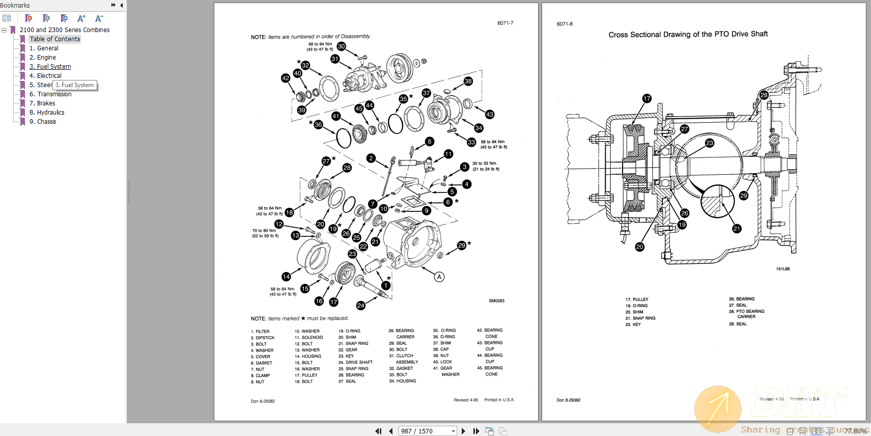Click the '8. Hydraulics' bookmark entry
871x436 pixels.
(x=47, y=113)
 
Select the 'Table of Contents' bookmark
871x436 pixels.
(x=54, y=39)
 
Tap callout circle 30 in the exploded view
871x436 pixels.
(x=341, y=46)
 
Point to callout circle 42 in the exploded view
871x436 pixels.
(x=286, y=78)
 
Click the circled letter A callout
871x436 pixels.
(x=439, y=277)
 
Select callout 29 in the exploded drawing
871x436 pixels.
(x=461, y=246)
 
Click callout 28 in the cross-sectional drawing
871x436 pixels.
(x=764, y=95)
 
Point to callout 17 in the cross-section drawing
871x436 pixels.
(x=647, y=98)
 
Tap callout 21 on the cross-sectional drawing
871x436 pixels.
(x=737, y=229)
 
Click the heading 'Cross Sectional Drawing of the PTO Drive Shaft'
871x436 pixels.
(x=688, y=34)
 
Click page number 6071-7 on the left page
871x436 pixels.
(x=505, y=23)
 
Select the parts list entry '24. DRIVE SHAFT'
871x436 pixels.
(x=355, y=362)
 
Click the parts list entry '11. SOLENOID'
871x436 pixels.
(x=308, y=337)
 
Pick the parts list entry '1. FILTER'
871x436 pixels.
(x=260, y=332)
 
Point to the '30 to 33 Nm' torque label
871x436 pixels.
(x=484, y=163)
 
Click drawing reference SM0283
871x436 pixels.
(x=496, y=301)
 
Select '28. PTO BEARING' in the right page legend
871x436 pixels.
(x=746, y=311)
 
